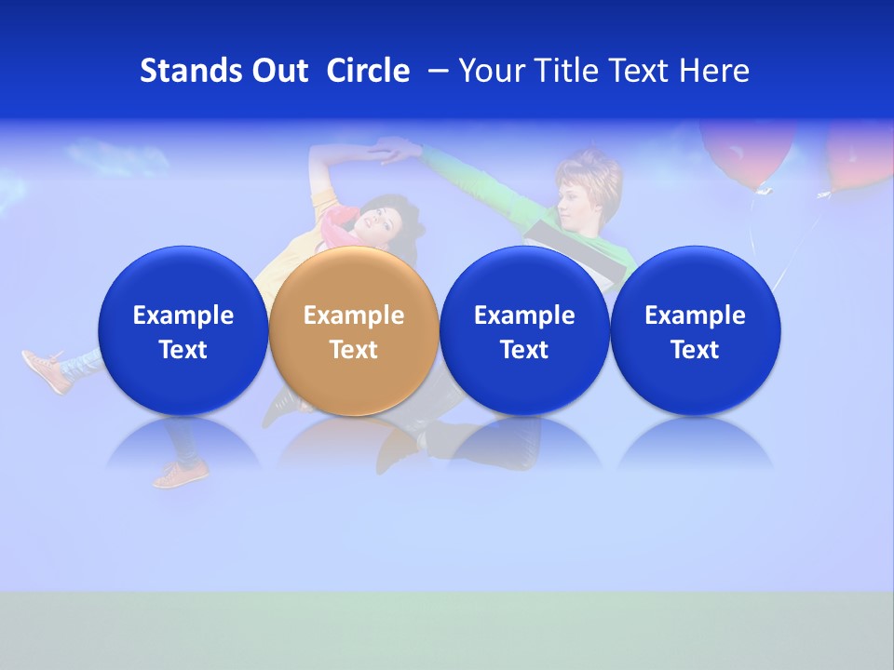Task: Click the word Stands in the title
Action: tap(190, 71)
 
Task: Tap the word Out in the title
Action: tap(278, 71)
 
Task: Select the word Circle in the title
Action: tap(368, 71)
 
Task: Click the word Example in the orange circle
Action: tap(353, 315)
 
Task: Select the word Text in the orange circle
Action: tap(353, 350)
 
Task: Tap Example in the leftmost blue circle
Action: tap(183, 315)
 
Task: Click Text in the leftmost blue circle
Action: tap(183, 350)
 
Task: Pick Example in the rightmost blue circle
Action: tap(695, 315)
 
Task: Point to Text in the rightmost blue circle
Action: tap(695, 350)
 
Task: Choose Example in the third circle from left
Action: tap(524, 315)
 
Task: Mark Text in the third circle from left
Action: tap(524, 350)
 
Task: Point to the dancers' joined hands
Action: tap(402, 148)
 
